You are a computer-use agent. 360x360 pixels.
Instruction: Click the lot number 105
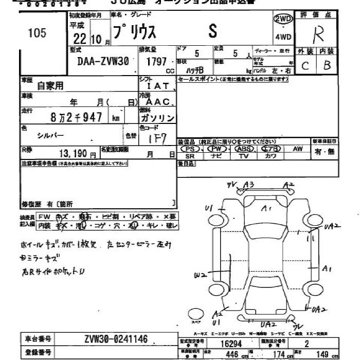pyautogui.click(x=37, y=34)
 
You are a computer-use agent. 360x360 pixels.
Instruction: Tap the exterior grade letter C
pyautogui.click(x=305, y=65)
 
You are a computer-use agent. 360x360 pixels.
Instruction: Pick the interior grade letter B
pyautogui.click(x=327, y=65)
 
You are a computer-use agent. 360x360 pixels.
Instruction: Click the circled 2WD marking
pyautogui.click(x=283, y=19)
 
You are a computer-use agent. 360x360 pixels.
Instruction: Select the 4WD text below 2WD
pyautogui.click(x=283, y=37)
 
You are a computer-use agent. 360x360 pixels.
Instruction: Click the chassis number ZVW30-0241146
pyautogui.click(x=115, y=339)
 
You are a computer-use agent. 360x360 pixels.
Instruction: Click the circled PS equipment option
pyautogui.click(x=190, y=149)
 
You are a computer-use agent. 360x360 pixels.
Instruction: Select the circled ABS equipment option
pyautogui.click(x=244, y=149)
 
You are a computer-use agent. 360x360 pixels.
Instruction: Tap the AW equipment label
pyautogui.click(x=297, y=149)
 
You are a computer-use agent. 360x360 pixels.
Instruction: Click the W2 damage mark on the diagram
pyautogui.click(x=200, y=276)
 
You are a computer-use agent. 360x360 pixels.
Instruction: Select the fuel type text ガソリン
pyautogui.click(x=157, y=118)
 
